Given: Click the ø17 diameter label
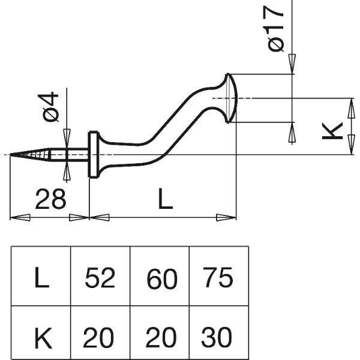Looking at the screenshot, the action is pos(275,29).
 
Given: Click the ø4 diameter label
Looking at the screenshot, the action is pos(50,106).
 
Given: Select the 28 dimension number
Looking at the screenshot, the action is pos(50,199).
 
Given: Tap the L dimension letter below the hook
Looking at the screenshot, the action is pos(166,199).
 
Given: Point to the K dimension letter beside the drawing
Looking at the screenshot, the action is pos(332,131).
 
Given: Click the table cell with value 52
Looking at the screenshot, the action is pos(100,276).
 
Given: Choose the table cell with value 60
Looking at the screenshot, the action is pos(160,276).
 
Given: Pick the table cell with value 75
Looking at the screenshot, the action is pos(219,276).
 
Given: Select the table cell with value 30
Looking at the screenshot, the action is pos(219,332).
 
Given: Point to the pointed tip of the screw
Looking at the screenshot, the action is pos(10,155).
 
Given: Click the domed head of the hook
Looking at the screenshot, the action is pos(232,98).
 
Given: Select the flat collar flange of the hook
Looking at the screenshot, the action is pos(93,155).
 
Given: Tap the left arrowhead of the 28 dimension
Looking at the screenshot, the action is pos(20,217).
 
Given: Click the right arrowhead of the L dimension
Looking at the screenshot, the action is pos(226,217).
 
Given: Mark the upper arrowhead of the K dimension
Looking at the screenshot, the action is pos(351,109).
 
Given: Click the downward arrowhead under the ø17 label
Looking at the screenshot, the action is pos(292,64).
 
